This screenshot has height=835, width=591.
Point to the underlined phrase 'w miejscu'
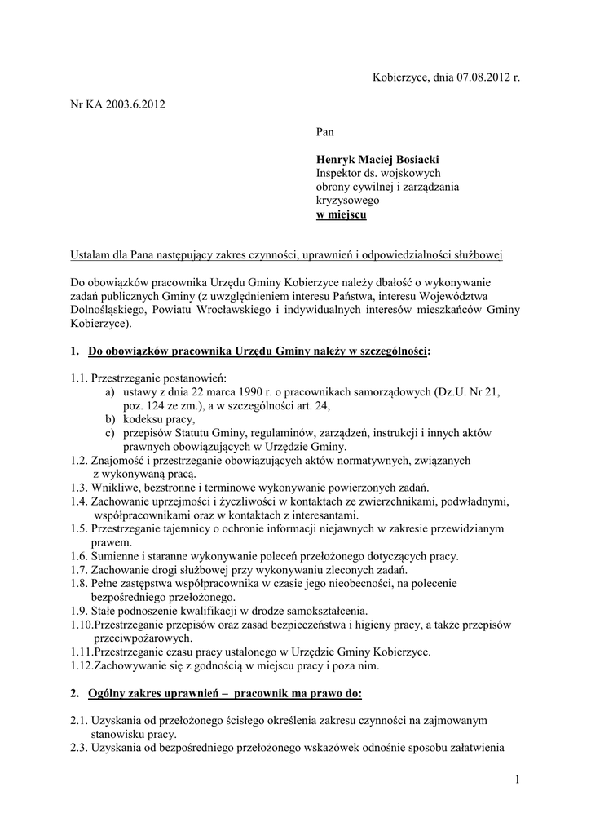pyautogui.click(x=341, y=214)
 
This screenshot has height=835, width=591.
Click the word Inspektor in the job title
pyautogui.click(x=339, y=173)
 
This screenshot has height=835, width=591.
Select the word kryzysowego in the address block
pyautogui.click(x=347, y=201)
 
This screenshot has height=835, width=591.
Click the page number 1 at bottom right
pyautogui.click(x=517, y=780)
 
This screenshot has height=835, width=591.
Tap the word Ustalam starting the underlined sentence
pyautogui.click(x=90, y=255)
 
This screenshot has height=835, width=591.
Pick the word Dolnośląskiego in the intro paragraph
pyautogui.click(x=109, y=310)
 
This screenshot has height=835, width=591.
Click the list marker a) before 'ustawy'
pyautogui.click(x=109, y=392)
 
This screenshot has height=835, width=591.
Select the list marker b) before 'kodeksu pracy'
pyautogui.click(x=109, y=419)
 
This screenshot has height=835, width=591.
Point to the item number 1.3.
pyautogui.click(x=78, y=488)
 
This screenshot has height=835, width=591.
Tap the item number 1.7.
pyautogui.click(x=78, y=570)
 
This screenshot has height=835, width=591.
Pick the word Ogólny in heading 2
pyautogui.click(x=111, y=693)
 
